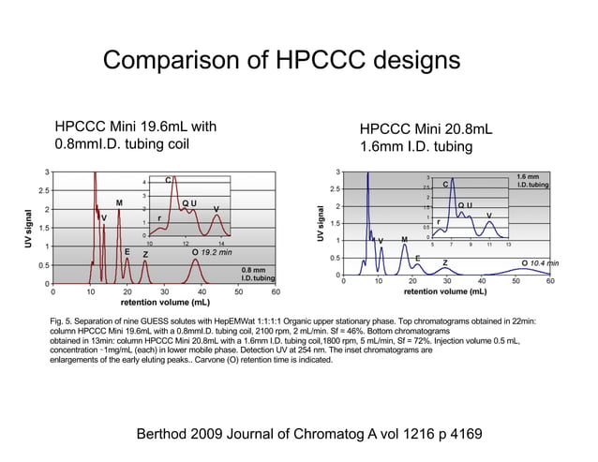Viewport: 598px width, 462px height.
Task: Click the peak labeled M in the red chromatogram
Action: click(119, 202)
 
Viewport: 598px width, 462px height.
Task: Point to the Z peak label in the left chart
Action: click(145, 254)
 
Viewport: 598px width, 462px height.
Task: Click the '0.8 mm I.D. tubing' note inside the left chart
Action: click(258, 274)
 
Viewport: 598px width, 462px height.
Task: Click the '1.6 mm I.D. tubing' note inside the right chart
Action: click(532, 180)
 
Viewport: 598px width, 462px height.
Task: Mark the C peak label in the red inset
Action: click(168, 179)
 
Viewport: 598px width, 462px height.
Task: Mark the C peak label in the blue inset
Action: click(446, 185)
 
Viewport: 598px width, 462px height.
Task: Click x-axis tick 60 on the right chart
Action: click(550, 280)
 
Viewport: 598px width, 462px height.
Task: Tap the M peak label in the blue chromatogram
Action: click(404, 240)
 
